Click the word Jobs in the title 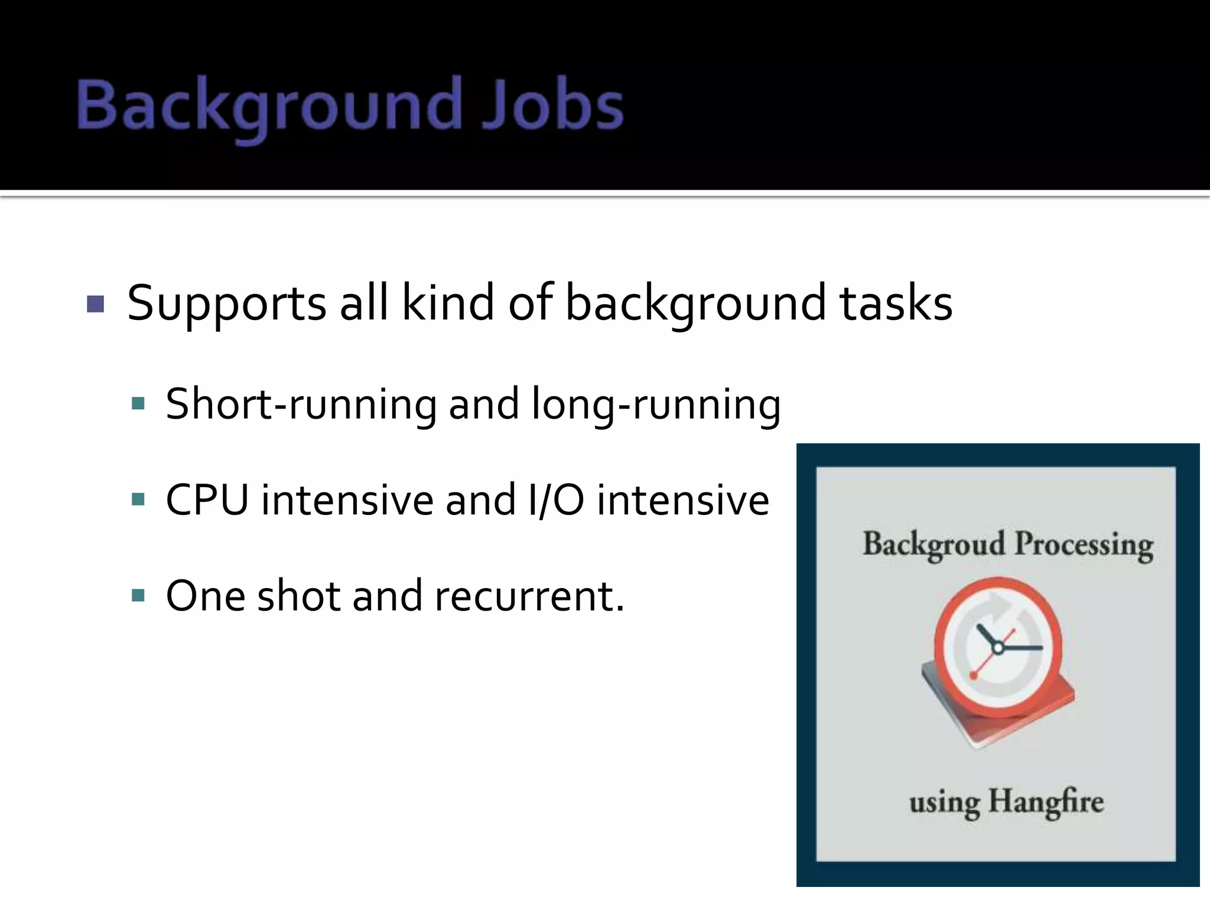point(552,106)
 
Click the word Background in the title point(269,106)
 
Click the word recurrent point(529,596)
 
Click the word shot point(298,596)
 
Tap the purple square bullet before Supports point(95,304)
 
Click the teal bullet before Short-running point(138,404)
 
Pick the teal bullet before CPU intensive point(138,500)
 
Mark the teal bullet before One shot point(138,595)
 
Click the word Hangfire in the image point(1046,802)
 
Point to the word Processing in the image point(1084,544)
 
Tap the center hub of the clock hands point(998,648)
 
